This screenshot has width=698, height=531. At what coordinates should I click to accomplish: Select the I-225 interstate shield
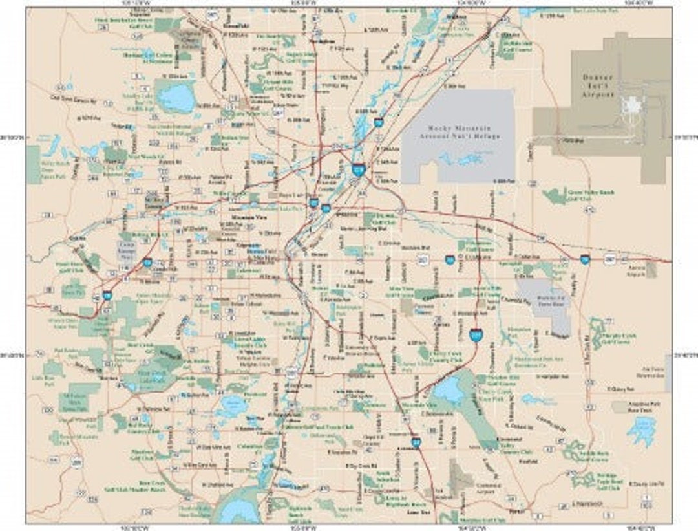[475, 334]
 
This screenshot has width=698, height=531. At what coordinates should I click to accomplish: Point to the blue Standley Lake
[174, 98]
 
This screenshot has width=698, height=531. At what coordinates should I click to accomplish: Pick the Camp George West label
[127, 250]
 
